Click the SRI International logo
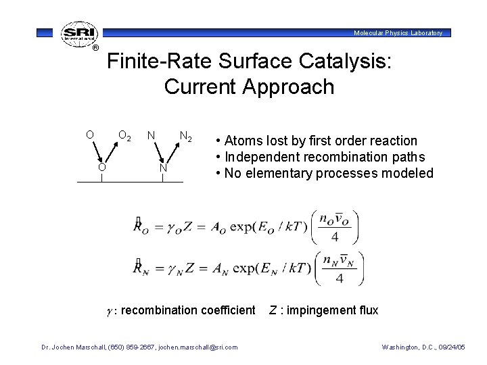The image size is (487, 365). click(x=78, y=34)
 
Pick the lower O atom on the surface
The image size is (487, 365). click(x=100, y=167)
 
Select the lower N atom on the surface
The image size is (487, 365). click(x=162, y=167)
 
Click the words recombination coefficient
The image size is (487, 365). click(x=189, y=310)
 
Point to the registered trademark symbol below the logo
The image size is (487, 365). click(x=95, y=48)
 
